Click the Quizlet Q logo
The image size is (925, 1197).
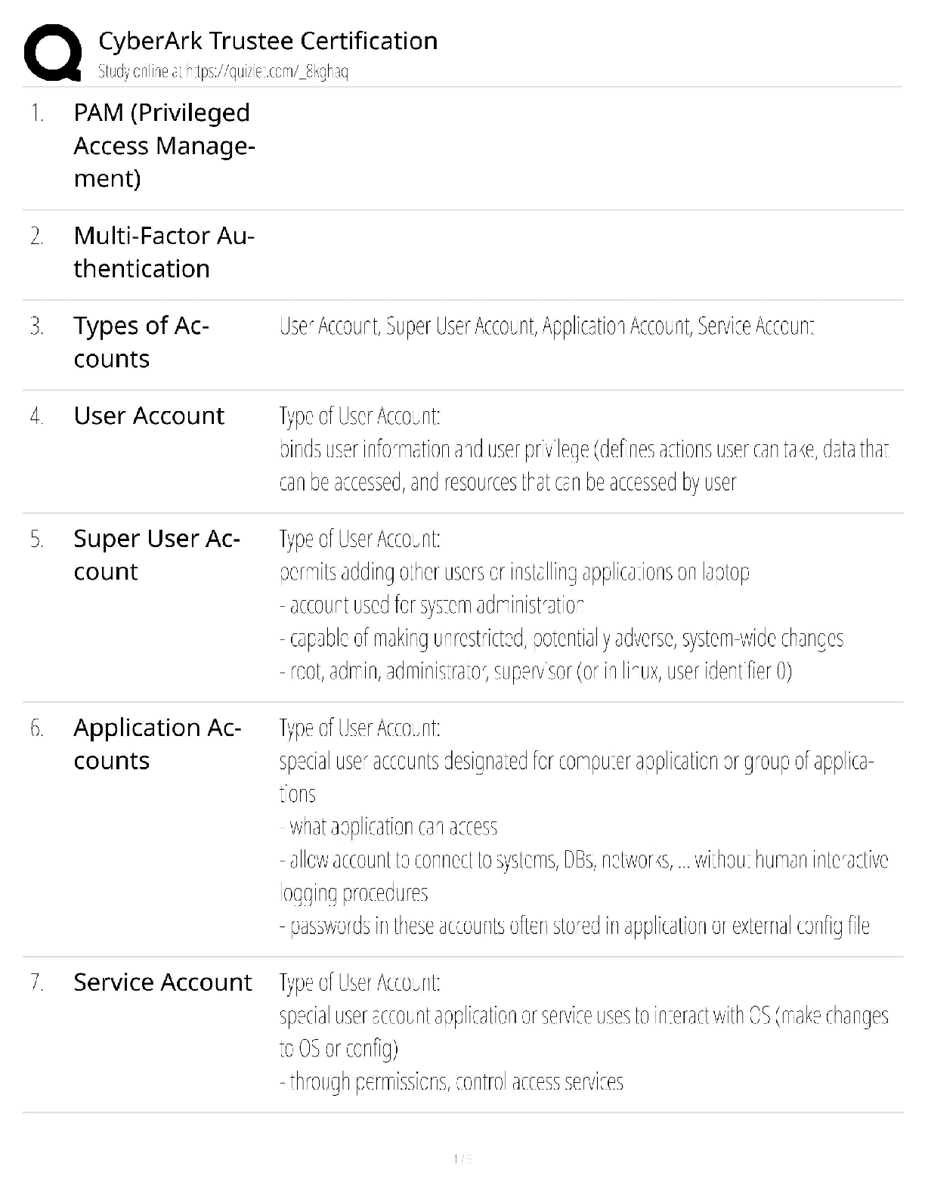point(52,53)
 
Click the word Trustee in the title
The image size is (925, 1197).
point(251,41)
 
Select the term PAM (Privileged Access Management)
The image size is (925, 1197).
point(163,145)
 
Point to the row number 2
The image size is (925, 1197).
point(36,236)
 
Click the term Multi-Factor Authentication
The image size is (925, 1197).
point(163,252)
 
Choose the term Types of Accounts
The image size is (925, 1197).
point(141,342)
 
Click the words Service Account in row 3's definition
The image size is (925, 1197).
point(756,326)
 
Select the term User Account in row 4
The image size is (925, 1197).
point(149,416)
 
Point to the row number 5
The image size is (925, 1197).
point(36,539)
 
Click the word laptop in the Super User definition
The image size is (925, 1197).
point(725,572)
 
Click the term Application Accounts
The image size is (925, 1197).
point(157,744)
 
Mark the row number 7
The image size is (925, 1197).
point(36,982)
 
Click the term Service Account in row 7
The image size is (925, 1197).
point(162,982)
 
